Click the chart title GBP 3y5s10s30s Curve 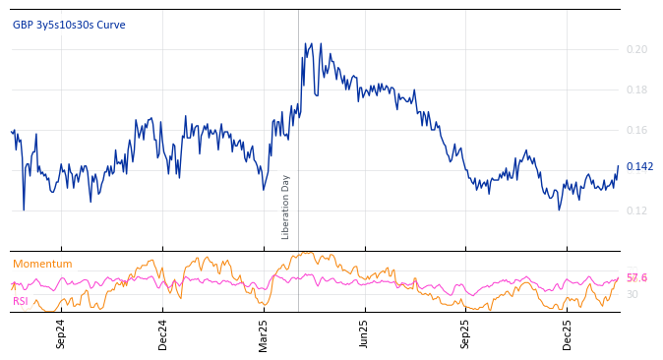69,25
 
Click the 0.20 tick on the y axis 637,49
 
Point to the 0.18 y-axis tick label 637,90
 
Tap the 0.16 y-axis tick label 637,130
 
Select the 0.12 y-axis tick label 637,210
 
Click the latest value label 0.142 639,166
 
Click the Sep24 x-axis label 61,333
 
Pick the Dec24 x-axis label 162,333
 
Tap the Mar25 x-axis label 264,333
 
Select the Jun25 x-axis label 365,333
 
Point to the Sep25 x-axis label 466,333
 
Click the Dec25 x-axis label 568,333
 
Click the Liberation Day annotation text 286,207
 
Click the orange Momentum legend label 42,264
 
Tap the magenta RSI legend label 21,301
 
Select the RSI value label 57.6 636,278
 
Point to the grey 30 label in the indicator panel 633,294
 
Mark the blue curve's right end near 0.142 618,167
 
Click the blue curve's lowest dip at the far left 24,209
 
